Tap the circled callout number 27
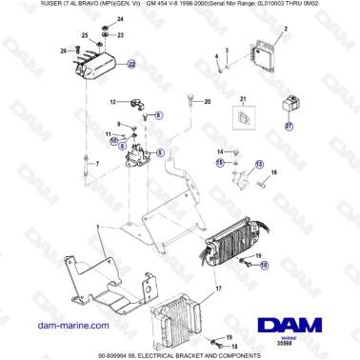point(290,125)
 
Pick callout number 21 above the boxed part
point(242,99)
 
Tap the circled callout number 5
point(159,151)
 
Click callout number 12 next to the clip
point(110,101)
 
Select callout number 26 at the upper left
point(64,50)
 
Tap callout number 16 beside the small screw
point(273,172)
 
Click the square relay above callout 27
point(290,106)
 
